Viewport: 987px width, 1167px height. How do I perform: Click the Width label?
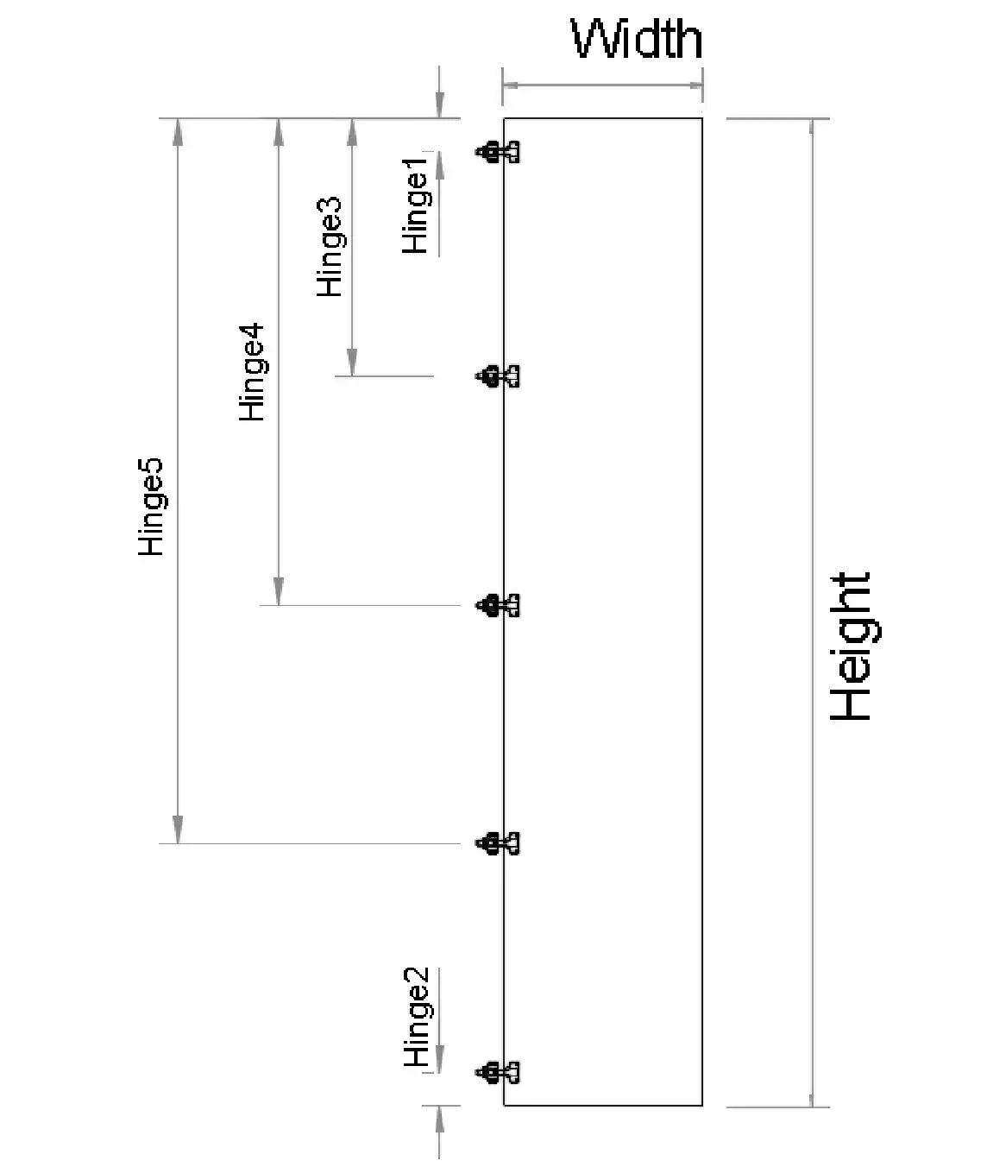tap(637, 39)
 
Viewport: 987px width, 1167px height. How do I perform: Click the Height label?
tap(851, 647)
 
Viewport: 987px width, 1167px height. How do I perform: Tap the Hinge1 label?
tap(416, 205)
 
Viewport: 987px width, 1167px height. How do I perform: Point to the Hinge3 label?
tap(330, 248)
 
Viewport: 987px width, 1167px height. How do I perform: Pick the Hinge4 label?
tap(252, 372)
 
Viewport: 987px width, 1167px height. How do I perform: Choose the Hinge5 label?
tap(151, 507)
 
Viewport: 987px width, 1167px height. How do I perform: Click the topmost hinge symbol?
tap(498, 153)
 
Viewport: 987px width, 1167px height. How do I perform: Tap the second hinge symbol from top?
tap(498, 376)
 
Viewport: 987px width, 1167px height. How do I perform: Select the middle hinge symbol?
tap(498, 605)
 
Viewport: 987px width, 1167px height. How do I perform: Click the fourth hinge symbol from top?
tap(498, 843)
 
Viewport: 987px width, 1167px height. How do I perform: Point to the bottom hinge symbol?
tap(498, 1073)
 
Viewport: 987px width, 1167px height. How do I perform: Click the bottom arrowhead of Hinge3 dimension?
tap(351, 363)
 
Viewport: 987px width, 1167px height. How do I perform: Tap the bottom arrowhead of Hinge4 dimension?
tap(278, 592)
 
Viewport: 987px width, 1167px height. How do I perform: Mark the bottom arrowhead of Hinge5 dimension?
tap(178, 830)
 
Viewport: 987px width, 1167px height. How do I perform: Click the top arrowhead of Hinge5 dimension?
tap(178, 131)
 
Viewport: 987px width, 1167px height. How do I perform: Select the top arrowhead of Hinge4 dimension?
tap(278, 131)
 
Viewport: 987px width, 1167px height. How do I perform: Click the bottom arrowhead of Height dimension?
tap(812, 1094)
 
